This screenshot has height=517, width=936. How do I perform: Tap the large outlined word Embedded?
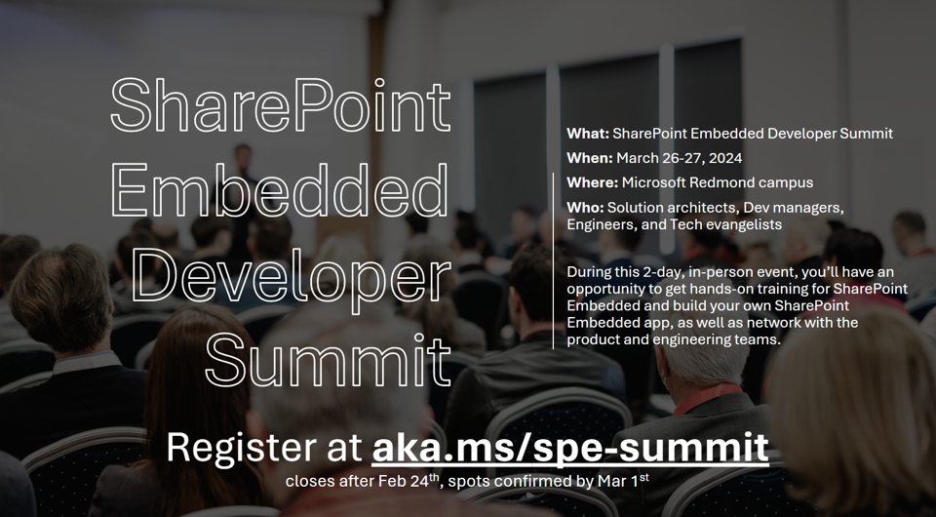281,192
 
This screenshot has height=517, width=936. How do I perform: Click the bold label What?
587,134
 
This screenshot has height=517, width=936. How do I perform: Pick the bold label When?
588,158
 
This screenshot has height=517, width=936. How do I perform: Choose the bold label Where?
591,182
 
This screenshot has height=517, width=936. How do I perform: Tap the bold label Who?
584,208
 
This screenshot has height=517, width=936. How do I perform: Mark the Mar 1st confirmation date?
621,481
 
